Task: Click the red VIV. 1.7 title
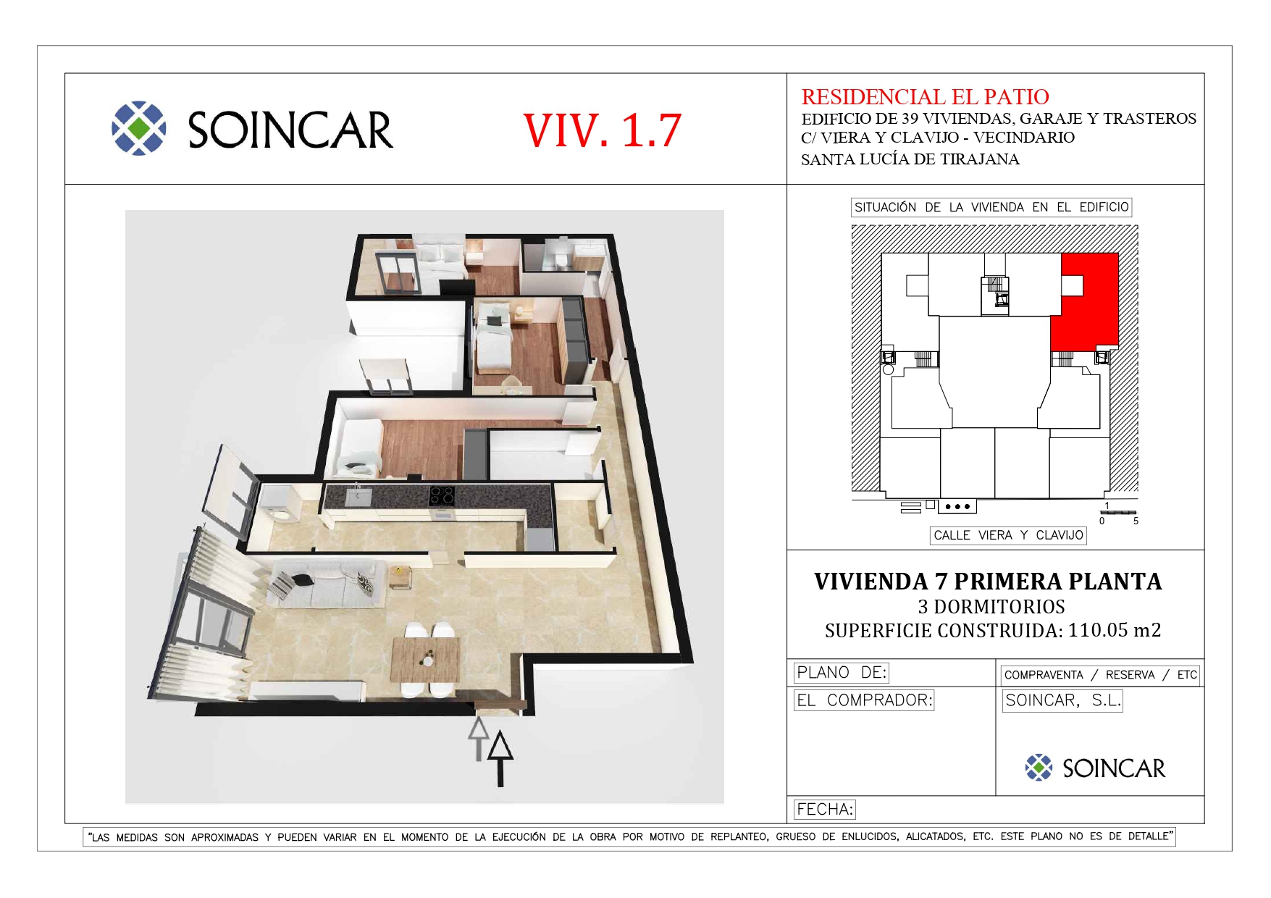[602, 130]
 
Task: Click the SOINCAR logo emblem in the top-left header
[139, 128]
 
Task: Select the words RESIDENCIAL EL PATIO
[925, 96]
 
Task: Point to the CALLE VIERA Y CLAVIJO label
[1008, 535]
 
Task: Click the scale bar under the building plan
[1118, 513]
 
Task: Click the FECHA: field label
[825, 809]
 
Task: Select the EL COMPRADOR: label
[864, 700]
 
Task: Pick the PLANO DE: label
[842, 673]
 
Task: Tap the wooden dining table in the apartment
[425, 660]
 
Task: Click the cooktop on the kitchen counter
[442, 495]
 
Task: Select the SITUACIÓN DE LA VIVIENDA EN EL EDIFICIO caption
[991, 207]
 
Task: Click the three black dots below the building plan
[957, 507]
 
